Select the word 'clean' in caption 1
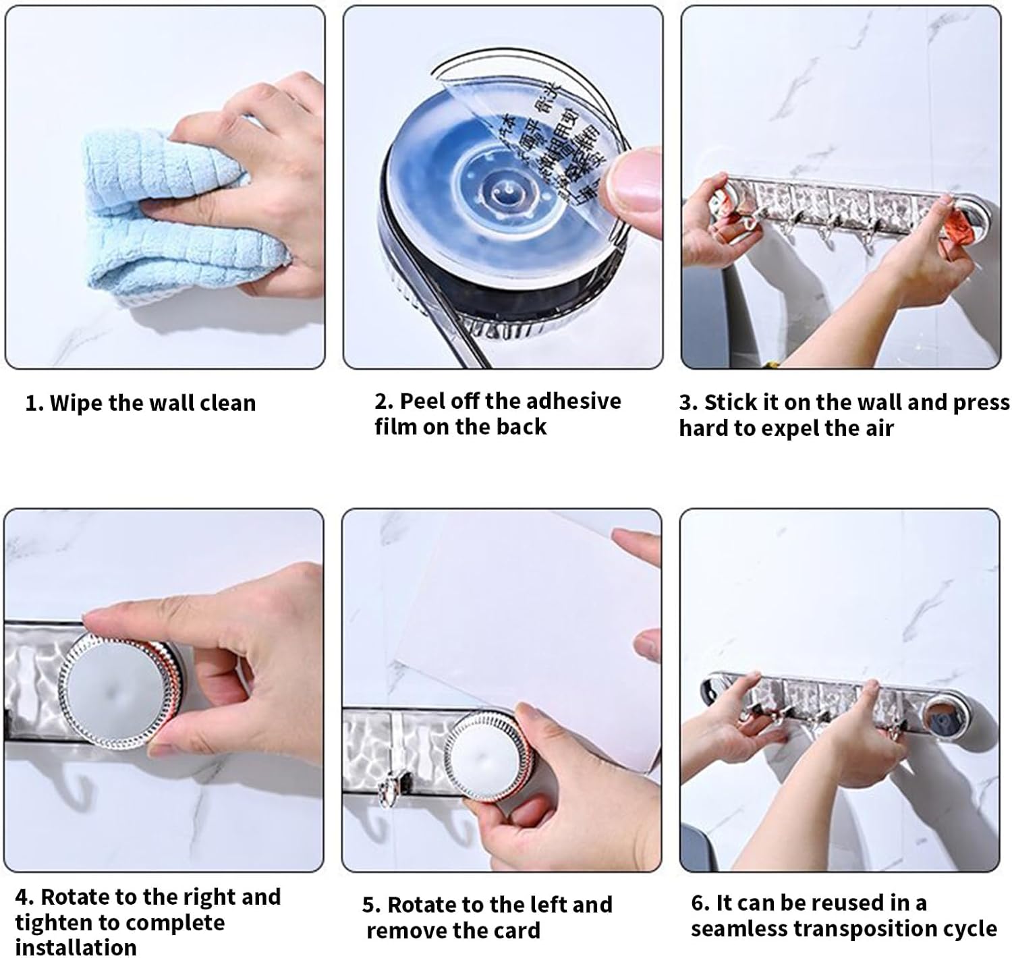coord(229,403)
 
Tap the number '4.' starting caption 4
coord(24,897)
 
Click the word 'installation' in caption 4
coord(76,947)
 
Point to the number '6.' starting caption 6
coord(700,903)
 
